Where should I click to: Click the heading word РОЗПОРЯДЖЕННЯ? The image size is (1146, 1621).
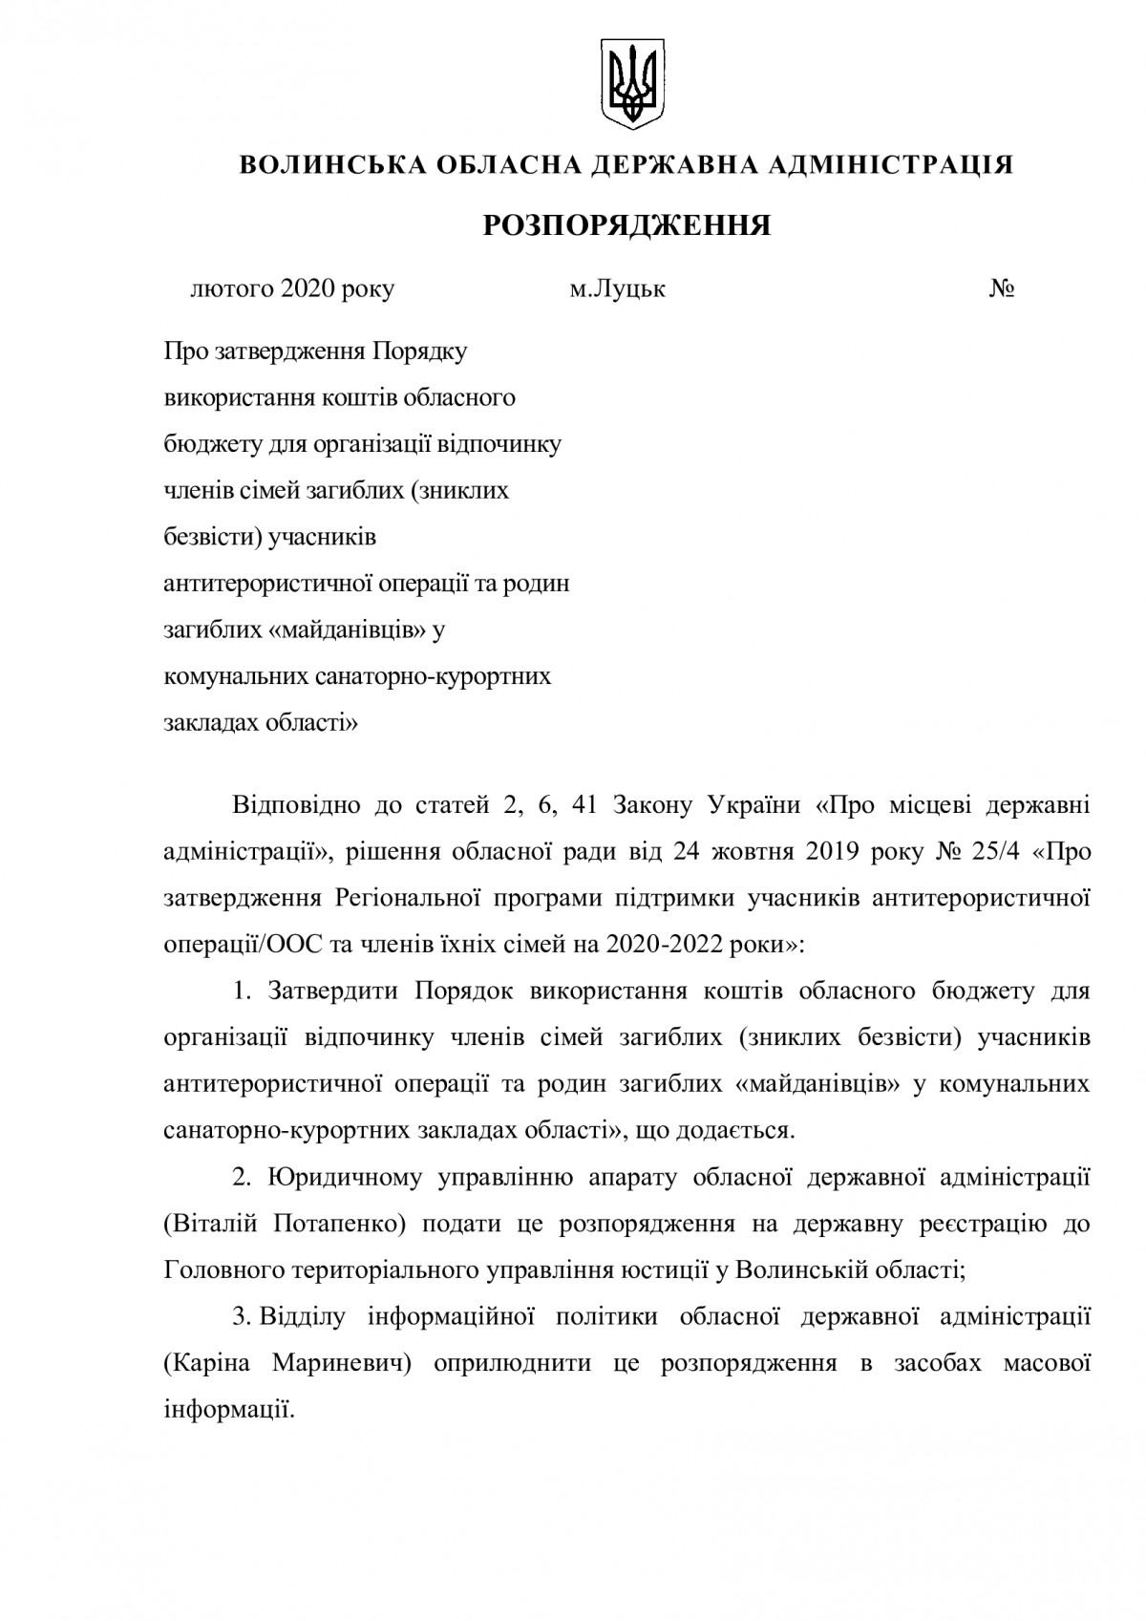(x=626, y=225)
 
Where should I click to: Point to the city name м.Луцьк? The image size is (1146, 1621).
(x=617, y=288)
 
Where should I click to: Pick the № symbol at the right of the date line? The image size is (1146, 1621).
(x=1002, y=288)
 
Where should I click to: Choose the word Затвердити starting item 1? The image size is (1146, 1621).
(x=334, y=991)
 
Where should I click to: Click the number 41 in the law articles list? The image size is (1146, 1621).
(x=583, y=806)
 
